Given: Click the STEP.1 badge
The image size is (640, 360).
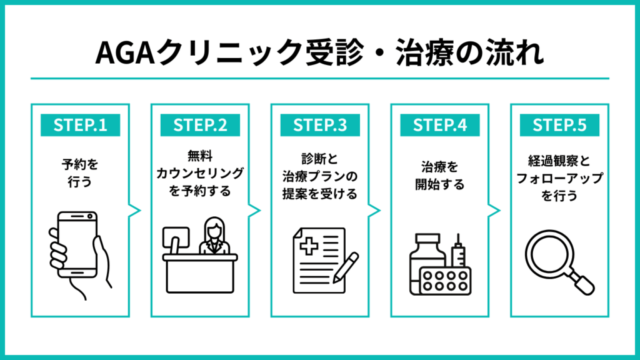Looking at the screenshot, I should coord(80,124).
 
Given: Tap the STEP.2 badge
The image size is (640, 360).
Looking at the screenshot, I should coord(199,124).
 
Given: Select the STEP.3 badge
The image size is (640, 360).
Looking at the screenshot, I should coord(320,124).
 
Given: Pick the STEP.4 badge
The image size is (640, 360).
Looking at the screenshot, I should coord(440,124).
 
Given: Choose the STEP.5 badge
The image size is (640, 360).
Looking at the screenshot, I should coord(560,124).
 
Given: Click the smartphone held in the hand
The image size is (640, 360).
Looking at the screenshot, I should coord(76,244).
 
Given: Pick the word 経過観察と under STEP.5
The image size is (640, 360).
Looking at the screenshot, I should coord(559,161).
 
